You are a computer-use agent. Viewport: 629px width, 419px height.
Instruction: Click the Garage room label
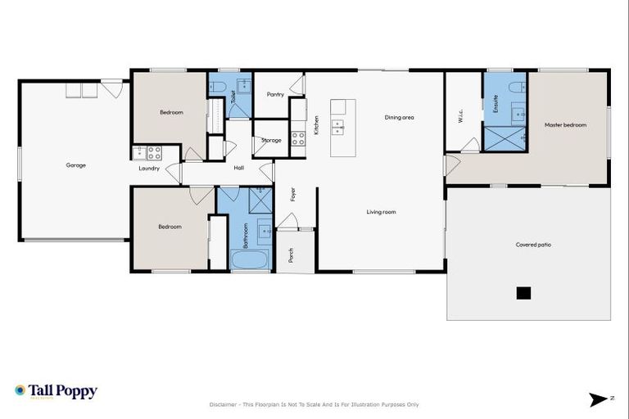pos(76,165)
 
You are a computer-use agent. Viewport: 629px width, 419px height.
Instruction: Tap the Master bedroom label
pos(565,125)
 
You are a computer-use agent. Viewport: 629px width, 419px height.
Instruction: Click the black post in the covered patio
pos(523,292)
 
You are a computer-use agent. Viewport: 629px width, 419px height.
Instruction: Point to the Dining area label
pos(399,118)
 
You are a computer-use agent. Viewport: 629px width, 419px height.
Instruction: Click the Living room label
pos(381,212)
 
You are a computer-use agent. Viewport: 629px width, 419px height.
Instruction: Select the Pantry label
pos(275,94)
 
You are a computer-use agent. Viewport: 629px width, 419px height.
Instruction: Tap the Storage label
pos(271,141)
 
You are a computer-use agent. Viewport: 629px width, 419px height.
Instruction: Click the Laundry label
pos(148,169)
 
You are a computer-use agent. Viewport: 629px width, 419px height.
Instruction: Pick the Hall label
pos(238,169)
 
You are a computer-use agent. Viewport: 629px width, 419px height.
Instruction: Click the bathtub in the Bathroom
pos(249,260)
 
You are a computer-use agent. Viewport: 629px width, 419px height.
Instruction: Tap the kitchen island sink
pos(337,127)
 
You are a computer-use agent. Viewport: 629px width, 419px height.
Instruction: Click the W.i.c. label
pos(460,117)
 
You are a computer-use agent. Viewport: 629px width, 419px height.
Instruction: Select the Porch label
pos(291,256)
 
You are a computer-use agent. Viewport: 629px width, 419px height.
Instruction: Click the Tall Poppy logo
pos(56,391)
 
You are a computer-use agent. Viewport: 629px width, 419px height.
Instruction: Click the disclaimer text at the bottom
pos(314,404)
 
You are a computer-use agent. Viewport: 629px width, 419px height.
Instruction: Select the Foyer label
pos(291,195)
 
